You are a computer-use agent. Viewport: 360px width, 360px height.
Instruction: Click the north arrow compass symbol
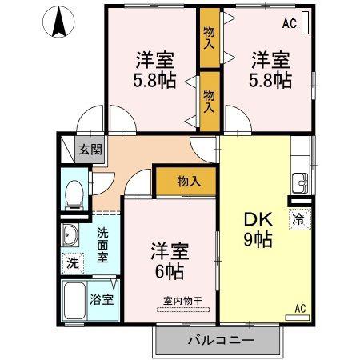(x=58, y=22)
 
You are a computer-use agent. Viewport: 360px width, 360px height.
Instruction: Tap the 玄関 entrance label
(x=90, y=150)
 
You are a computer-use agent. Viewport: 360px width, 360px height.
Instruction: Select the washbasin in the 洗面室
(x=70, y=235)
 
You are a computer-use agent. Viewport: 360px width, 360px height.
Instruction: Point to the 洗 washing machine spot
(x=73, y=263)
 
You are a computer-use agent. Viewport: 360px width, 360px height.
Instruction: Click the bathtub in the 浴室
(x=75, y=300)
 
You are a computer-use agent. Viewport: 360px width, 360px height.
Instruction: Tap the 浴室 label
(x=102, y=299)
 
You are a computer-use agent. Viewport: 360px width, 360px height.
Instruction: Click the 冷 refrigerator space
(x=300, y=219)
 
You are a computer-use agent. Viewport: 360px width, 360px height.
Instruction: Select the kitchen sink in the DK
(x=300, y=183)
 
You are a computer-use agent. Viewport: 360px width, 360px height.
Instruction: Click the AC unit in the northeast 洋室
(x=306, y=22)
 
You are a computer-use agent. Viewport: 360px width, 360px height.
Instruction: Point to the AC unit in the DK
(x=297, y=318)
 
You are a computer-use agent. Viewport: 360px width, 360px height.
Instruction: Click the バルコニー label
(x=221, y=340)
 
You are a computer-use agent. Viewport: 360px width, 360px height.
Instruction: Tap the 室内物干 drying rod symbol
(x=183, y=310)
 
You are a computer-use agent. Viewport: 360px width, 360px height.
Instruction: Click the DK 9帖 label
(x=258, y=230)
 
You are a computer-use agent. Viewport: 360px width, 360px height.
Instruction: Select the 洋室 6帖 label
(x=170, y=261)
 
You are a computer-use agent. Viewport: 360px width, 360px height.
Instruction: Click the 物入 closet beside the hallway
(x=186, y=182)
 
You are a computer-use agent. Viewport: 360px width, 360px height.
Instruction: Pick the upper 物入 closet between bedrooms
(x=210, y=38)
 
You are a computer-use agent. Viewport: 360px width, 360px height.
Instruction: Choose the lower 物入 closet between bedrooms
(x=210, y=102)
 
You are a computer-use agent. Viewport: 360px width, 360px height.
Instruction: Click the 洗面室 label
(x=102, y=245)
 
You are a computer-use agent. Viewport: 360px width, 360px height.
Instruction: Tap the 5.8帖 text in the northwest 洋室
(x=154, y=80)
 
